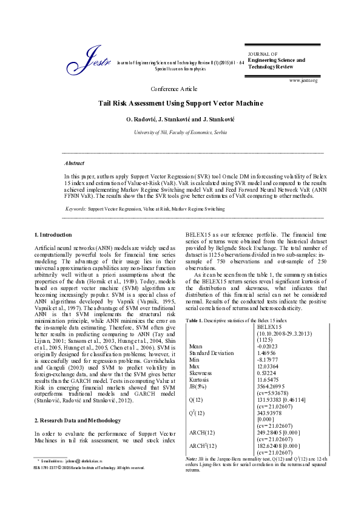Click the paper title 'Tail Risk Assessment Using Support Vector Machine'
[180, 103]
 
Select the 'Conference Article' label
[180, 89]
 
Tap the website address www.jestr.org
[304, 80]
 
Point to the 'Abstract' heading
[75, 163]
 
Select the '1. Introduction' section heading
[53, 234]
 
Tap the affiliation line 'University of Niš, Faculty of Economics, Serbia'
[180, 132]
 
